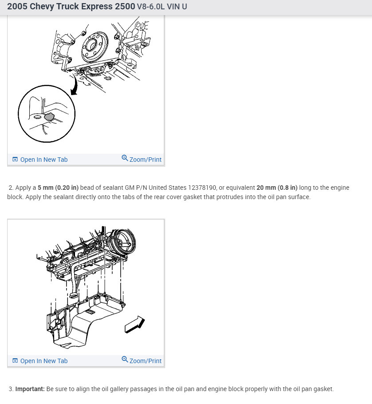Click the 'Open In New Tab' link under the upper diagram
[44, 160]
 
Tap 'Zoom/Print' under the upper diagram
[145, 160]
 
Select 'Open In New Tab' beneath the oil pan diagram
[44, 361]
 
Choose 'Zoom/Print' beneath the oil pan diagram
[145, 361]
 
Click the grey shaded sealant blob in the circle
[49, 117]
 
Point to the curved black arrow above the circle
[75, 85]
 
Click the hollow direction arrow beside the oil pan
[135, 324]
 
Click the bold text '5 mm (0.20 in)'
[58, 188]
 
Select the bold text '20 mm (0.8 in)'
[277, 188]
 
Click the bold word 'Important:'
[30, 389]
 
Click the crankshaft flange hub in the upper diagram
[95, 46]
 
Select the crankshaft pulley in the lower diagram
[123, 242]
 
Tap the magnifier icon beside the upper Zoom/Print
[125, 158]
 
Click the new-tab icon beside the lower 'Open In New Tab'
[15, 361]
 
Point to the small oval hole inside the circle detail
[38, 117]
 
